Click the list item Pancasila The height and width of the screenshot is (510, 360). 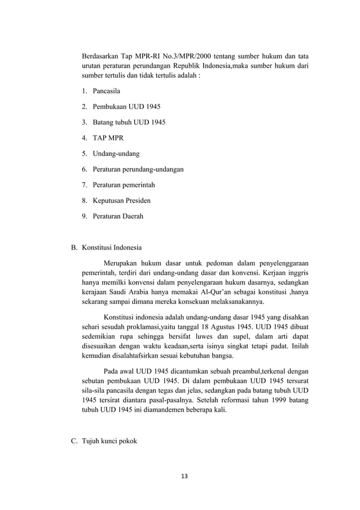102,90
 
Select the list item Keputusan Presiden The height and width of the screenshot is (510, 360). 117,200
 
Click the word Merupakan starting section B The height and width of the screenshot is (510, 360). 125,263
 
